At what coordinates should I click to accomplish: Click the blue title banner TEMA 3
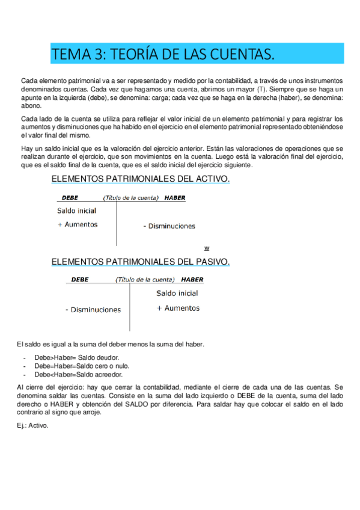[197, 55]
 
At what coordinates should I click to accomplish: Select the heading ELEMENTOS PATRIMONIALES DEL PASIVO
[141, 262]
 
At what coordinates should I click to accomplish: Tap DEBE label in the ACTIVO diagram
[70, 198]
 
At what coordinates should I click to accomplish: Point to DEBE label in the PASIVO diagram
[80, 280]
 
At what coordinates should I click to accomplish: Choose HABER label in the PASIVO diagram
[192, 280]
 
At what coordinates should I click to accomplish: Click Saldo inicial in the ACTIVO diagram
[76, 210]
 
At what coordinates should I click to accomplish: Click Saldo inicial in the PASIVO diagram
[177, 293]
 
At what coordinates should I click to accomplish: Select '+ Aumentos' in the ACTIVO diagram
[78, 224]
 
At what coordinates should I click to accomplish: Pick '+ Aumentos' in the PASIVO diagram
[178, 308]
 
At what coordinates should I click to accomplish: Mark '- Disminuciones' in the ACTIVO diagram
[169, 226]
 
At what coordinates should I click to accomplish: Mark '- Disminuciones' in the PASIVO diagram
[93, 310]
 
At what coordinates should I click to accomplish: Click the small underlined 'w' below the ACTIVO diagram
[206, 248]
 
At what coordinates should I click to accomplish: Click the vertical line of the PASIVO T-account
[129, 307]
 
